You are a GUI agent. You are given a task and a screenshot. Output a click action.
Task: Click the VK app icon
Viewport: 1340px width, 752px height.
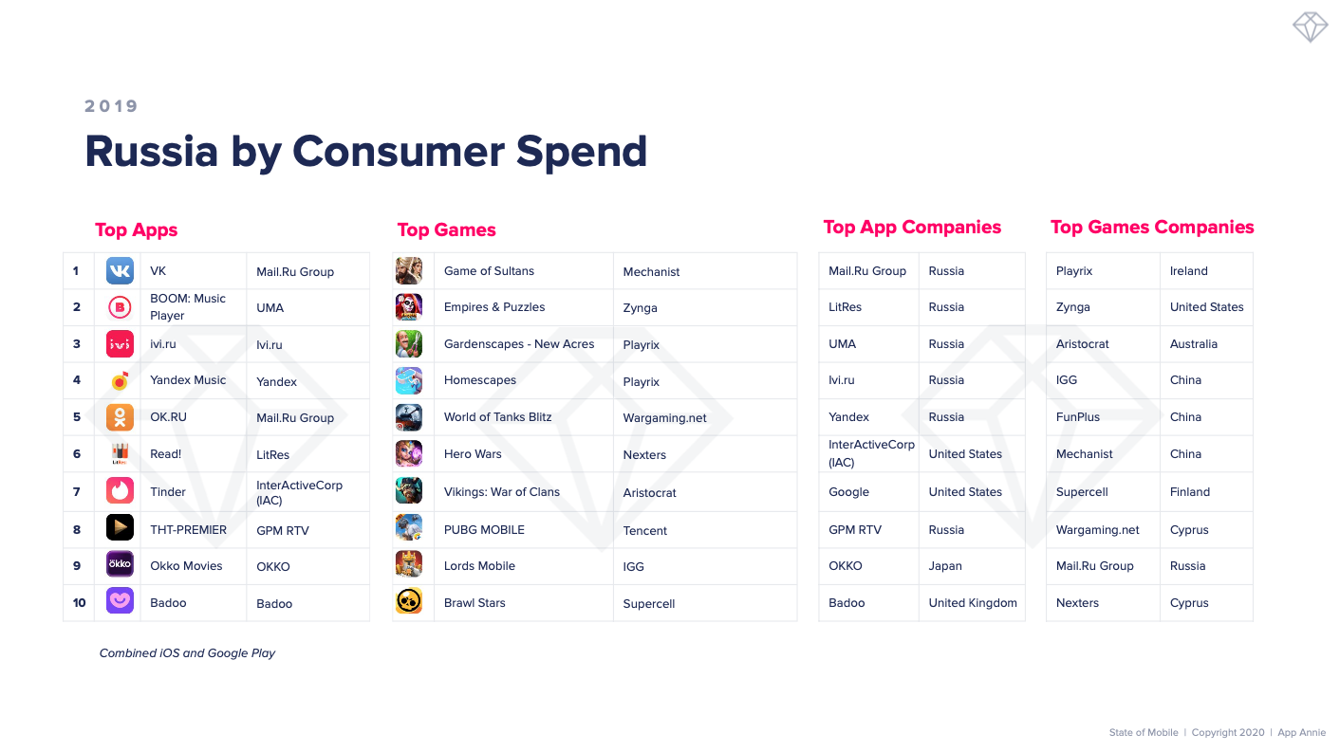point(120,271)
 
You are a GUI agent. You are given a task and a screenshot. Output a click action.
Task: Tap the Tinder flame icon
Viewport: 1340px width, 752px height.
point(120,491)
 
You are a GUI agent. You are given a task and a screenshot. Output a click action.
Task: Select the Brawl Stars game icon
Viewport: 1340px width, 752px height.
point(409,601)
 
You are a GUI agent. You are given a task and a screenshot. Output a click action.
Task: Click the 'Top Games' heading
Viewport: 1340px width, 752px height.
point(446,229)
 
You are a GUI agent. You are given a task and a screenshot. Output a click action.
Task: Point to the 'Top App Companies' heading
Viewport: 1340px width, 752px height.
point(912,228)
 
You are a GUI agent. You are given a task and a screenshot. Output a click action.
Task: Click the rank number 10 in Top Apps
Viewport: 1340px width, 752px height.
point(79,602)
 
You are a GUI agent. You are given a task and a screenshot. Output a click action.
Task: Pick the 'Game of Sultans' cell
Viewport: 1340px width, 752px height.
point(489,271)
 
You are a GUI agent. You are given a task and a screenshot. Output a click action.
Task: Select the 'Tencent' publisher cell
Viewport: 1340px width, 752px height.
point(645,530)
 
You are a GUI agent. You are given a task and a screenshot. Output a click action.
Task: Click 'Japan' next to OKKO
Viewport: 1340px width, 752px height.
point(945,565)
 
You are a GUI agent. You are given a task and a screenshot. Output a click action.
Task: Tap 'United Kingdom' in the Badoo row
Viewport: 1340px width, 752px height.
point(973,602)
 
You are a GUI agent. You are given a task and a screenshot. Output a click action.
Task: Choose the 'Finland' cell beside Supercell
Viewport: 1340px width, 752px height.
point(1190,491)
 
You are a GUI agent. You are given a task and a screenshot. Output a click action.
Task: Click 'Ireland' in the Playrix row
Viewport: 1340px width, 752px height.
point(1189,271)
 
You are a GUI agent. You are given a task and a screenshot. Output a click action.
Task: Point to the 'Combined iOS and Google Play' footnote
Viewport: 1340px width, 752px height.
point(187,653)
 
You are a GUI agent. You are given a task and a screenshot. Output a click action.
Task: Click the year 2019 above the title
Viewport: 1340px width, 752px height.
point(111,106)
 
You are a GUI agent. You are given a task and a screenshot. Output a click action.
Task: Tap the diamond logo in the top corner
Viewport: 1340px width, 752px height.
point(1310,27)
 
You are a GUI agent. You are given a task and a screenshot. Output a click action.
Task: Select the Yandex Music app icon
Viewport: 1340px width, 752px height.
point(120,380)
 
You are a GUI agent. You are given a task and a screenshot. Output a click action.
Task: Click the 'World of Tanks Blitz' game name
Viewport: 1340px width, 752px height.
point(497,416)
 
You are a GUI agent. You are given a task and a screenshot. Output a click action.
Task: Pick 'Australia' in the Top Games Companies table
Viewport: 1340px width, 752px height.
point(1194,343)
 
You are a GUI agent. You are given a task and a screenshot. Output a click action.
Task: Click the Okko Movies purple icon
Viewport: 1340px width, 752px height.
point(120,563)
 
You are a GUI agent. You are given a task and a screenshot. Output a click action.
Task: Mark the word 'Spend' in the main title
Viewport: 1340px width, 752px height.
point(582,153)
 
